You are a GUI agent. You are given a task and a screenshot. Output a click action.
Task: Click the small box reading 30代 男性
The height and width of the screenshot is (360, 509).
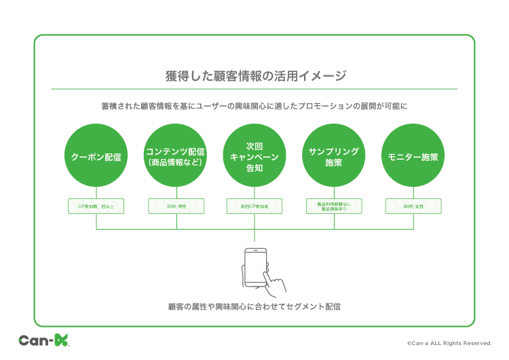click(176, 206)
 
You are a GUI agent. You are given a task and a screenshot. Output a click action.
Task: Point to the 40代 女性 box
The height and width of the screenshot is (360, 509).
click(413, 206)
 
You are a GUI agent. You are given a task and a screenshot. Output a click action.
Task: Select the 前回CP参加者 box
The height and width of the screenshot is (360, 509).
click(254, 206)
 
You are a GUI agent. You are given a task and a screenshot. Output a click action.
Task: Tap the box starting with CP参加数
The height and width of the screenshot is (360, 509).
click(96, 206)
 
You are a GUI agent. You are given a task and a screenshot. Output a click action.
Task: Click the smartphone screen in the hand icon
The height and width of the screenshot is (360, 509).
click(254, 266)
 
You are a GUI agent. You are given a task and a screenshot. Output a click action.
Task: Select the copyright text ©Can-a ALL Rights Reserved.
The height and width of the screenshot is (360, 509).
click(449, 343)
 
